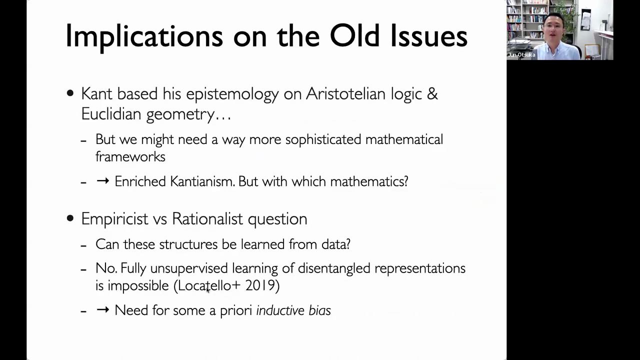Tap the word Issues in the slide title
(x=429, y=35)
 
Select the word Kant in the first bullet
(x=96, y=93)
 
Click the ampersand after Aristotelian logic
(x=432, y=93)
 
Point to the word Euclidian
(x=111, y=113)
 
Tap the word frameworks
(x=130, y=156)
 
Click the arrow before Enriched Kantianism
(x=103, y=181)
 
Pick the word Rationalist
(x=207, y=219)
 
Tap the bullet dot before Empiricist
(x=70, y=218)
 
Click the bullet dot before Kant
(x=70, y=93)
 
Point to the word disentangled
(x=334, y=268)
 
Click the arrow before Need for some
(x=103, y=309)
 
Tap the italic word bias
(x=319, y=310)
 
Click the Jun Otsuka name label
(x=521, y=55)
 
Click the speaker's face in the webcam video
(x=553, y=27)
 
